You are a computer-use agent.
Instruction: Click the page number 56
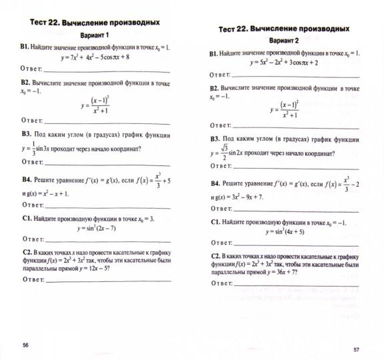(26, 344)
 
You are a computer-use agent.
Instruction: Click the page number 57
(356, 349)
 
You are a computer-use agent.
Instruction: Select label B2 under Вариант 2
(215, 88)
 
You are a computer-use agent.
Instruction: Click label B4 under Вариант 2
(216, 183)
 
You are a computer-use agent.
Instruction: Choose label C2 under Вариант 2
(216, 255)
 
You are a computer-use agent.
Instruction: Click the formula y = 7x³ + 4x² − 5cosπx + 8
(93, 57)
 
